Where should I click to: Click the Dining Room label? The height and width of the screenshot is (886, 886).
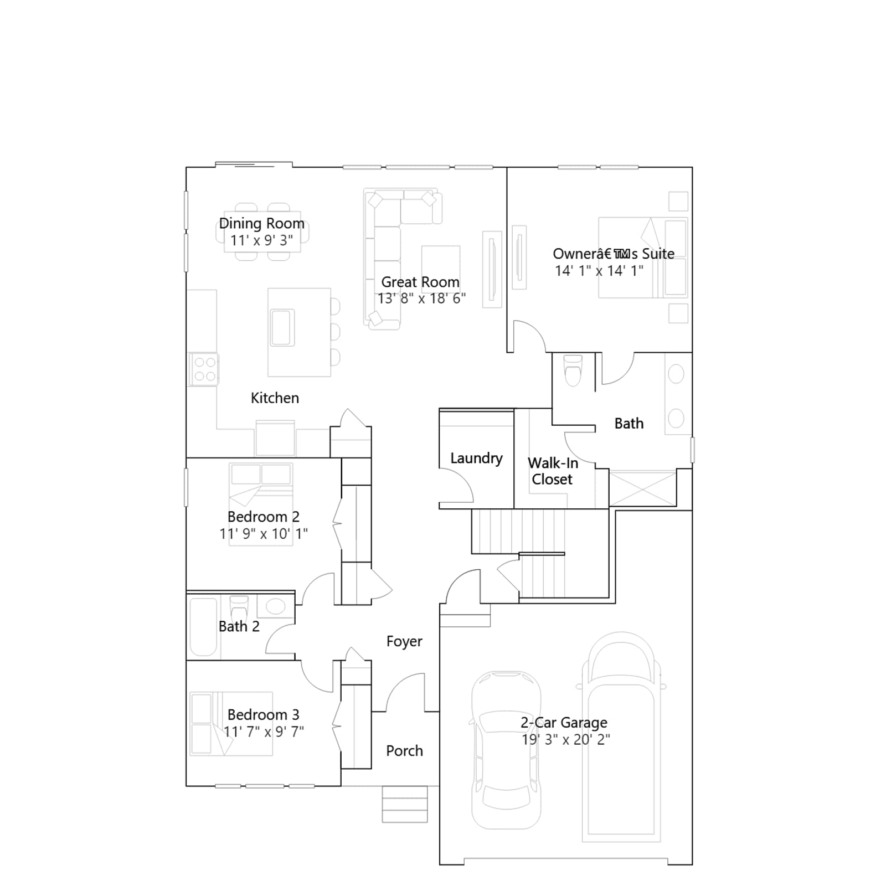(262, 223)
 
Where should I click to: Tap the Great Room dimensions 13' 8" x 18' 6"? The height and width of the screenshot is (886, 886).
(421, 298)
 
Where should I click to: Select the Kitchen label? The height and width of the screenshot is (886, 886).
(275, 398)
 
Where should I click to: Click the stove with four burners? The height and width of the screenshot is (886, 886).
(204, 369)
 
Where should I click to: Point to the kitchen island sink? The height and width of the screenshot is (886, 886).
(282, 327)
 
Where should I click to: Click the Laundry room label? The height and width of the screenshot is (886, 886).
(476, 458)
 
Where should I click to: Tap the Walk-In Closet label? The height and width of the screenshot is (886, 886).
(553, 471)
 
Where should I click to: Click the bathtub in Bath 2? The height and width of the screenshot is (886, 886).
(203, 627)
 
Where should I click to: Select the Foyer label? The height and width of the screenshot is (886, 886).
(404, 641)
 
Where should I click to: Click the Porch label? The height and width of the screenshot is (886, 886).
(404, 750)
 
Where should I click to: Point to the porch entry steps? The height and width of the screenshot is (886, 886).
(405, 804)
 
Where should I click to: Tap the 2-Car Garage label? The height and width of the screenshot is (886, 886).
(564, 722)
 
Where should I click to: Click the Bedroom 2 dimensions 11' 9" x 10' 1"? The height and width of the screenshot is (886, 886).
(264, 534)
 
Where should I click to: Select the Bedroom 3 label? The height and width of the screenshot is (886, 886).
(264, 714)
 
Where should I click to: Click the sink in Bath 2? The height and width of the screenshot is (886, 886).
(275, 606)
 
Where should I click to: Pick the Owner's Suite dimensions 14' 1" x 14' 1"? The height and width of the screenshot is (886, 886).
(599, 271)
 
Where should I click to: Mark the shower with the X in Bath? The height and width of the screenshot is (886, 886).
(642, 488)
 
